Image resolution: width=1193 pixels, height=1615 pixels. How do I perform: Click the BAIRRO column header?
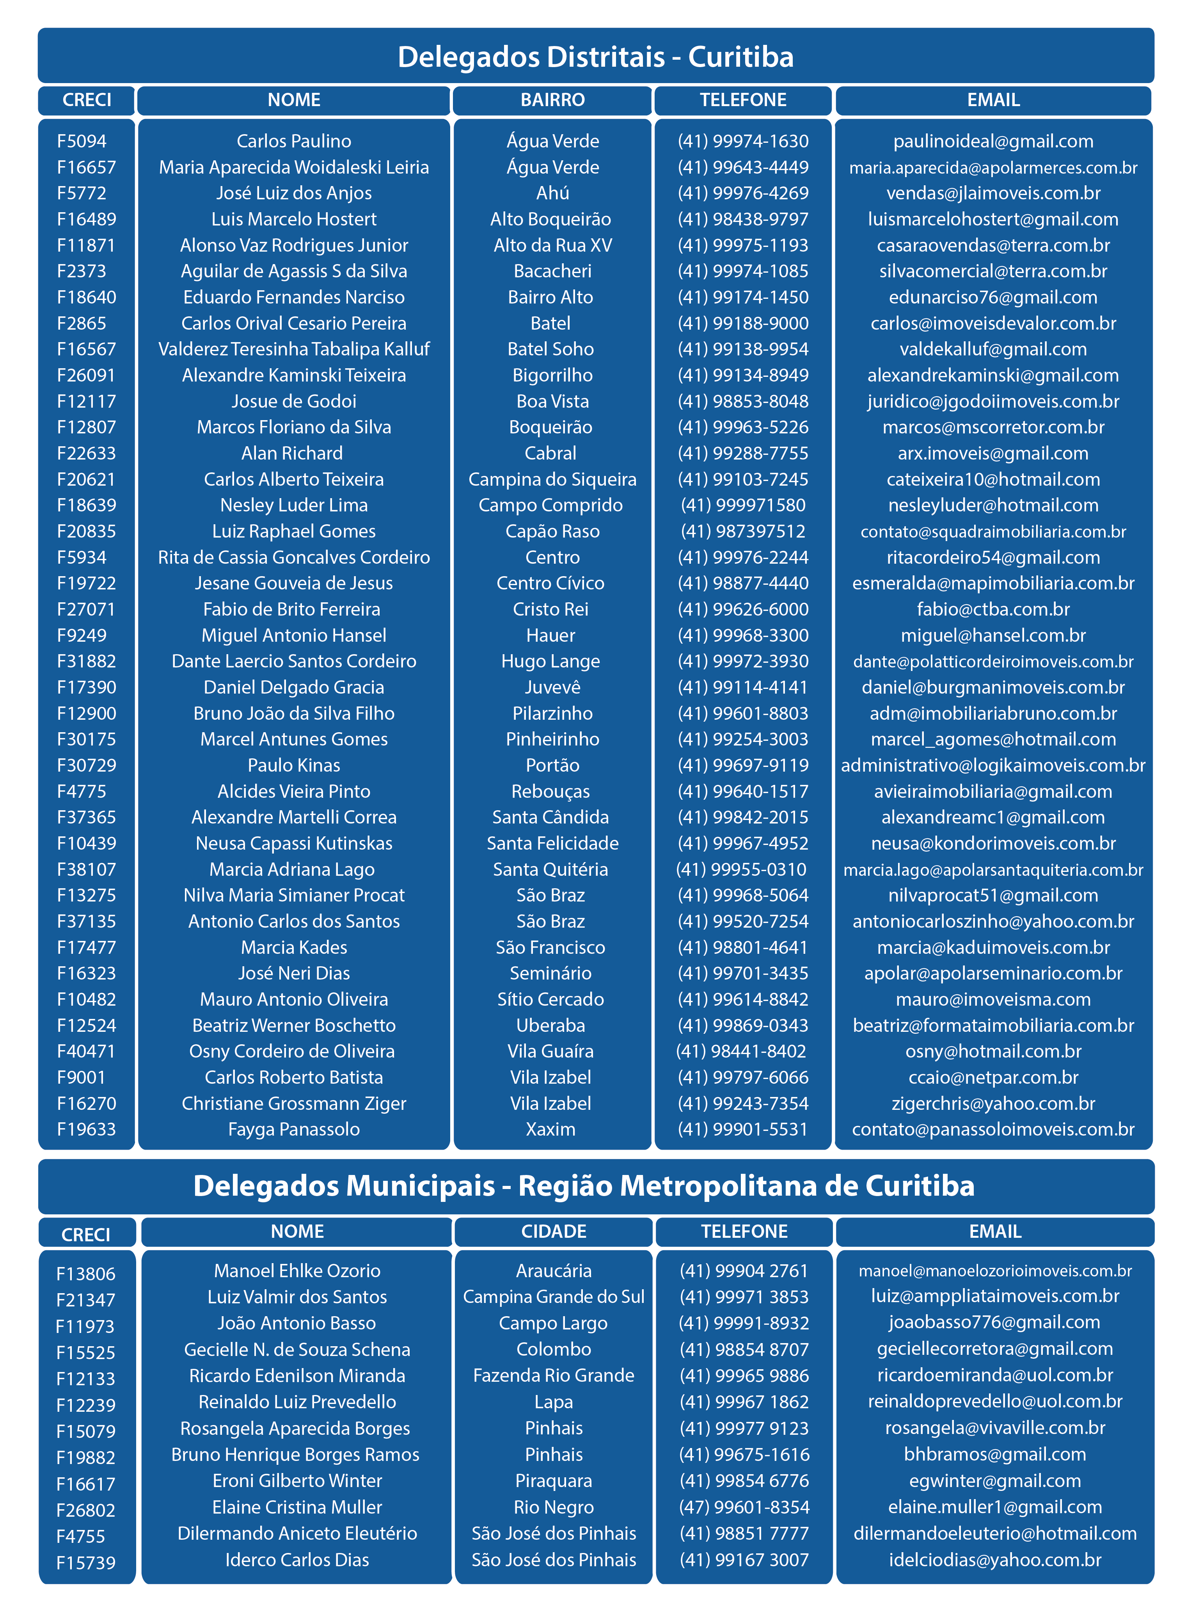point(552,99)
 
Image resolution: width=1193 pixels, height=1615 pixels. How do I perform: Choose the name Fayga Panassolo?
point(294,1129)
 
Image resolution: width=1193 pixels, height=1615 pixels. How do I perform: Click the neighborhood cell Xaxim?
point(551,1129)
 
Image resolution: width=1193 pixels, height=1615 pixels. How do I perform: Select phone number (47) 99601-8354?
point(744,1507)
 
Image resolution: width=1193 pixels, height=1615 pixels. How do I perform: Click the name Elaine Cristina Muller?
point(297,1507)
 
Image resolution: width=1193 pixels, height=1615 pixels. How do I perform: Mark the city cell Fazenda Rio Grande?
point(554,1375)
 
